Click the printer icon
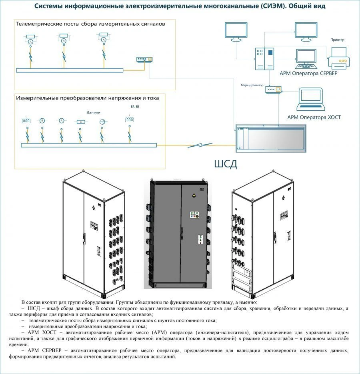[x=338, y=57]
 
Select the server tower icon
[x=265, y=59]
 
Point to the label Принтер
[x=337, y=40]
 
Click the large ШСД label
[x=226, y=164]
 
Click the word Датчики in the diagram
[x=93, y=113]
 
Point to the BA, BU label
[x=135, y=107]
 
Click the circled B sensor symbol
[x=42, y=120]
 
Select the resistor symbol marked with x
[x=81, y=121]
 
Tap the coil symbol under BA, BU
[x=129, y=119]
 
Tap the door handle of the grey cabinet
[x=182, y=232]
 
